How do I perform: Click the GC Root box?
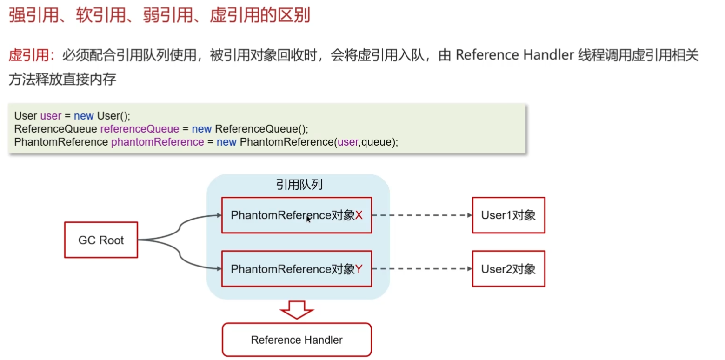101,240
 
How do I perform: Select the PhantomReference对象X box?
297,215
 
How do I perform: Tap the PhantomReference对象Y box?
297,269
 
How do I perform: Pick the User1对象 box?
508,215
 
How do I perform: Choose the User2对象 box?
508,269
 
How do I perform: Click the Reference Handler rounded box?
297,340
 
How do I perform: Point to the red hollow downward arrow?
297,309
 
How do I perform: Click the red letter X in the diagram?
359,215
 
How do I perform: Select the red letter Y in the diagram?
359,269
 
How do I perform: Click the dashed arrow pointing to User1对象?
421,215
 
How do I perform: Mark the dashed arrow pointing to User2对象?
421,269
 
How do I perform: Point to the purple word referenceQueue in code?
140,129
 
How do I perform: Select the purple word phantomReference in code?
157,142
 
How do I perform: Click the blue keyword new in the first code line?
84,116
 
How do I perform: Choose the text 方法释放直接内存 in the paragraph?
62,80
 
